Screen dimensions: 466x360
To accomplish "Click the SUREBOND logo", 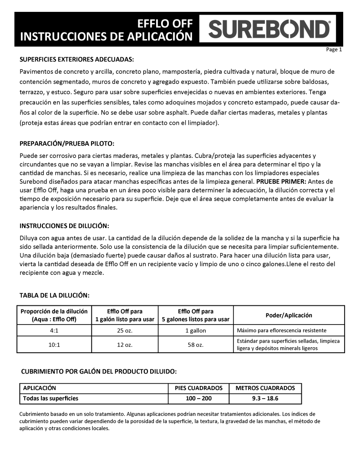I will (x=269, y=30).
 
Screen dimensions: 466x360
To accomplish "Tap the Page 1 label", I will (x=334, y=50).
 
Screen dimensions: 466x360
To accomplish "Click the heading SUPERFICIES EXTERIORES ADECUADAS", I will (x=76, y=60).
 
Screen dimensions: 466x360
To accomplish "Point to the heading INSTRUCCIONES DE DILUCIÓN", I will (x=64, y=226).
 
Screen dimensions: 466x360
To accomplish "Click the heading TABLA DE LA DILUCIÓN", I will (x=54, y=295).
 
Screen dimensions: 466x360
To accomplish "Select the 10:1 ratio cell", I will (x=54, y=345).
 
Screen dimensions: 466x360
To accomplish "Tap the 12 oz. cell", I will (x=125, y=345).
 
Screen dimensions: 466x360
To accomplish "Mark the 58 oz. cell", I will (x=195, y=345).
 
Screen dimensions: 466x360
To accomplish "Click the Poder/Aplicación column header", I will (x=289, y=315).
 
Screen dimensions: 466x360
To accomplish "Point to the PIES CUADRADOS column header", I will (x=198, y=388).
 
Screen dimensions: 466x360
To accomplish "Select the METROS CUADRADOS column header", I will (x=265, y=388).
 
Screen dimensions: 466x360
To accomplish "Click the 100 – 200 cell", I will (x=198, y=398).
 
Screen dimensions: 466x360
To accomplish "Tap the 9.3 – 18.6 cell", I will (x=265, y=398).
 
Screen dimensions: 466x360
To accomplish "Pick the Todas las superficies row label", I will (x=51, y=398).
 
